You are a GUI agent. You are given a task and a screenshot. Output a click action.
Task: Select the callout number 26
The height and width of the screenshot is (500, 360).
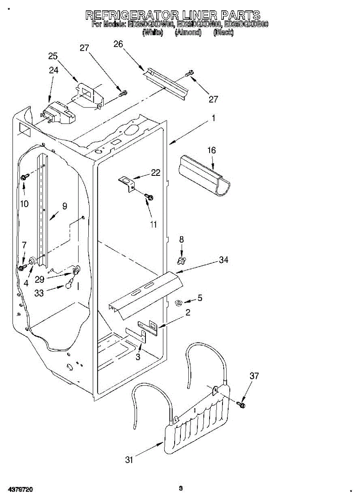[118, 44]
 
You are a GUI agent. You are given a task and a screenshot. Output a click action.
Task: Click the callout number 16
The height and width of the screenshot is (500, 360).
[212, 150]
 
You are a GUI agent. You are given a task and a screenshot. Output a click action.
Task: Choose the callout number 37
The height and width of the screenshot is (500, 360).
[254, 376]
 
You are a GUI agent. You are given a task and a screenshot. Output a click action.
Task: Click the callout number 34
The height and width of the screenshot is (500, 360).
[224, 260]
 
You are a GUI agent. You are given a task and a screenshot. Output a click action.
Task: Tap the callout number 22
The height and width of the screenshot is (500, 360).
[155, 173]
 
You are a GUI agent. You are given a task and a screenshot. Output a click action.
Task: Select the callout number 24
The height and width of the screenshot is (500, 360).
[54, 70]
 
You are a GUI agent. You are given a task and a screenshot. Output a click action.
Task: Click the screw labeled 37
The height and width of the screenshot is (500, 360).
[241, 404]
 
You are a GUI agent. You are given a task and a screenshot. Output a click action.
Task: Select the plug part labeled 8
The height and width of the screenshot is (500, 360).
[181, 260]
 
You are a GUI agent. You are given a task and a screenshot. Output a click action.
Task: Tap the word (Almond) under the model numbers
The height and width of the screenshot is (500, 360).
[188, 32]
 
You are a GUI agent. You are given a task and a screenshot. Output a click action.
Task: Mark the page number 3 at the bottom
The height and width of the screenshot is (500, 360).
[180, 488]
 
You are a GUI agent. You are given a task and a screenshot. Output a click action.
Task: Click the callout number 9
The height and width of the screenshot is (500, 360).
[65, 205]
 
